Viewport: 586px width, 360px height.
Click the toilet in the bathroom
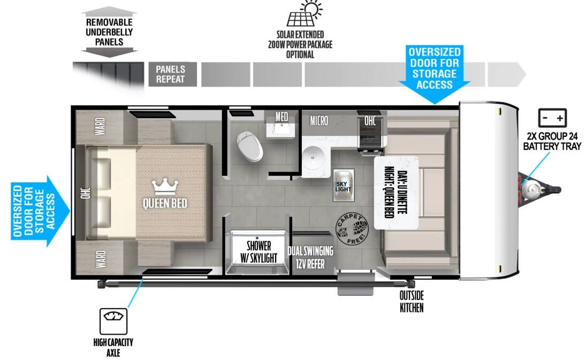point(249,146)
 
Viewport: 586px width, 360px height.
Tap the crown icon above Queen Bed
point(165,186)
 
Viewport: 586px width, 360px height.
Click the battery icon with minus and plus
point(552,118)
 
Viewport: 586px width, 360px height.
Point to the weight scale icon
point(113,321)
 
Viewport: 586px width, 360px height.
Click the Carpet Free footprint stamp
point(352,229)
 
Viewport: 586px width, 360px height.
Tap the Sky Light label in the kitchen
point(344,186)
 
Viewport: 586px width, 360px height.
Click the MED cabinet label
point(281,117)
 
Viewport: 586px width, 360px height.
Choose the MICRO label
point(319,120)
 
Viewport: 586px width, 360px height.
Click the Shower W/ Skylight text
point(258,252)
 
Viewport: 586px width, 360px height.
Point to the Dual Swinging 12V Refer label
point(310,257)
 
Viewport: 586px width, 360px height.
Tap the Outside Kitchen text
point(412,302)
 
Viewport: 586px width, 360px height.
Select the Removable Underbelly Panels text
point(109,32)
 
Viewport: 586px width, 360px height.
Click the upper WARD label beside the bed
point(100,126)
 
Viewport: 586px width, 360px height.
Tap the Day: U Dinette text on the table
point(402,193)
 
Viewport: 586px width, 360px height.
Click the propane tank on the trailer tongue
point(530,189)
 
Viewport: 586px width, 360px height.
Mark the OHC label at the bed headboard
point(86,193)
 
